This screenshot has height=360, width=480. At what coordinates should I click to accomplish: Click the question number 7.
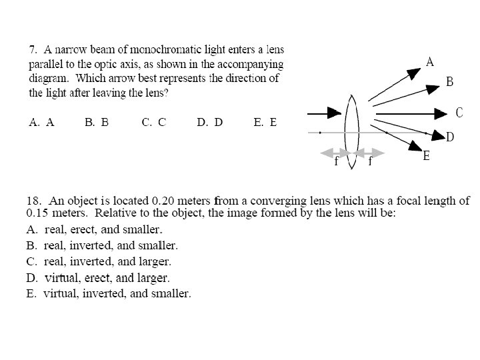(32, 49)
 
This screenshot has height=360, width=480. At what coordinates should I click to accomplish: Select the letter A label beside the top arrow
(430, 62)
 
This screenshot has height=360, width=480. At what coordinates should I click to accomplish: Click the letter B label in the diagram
(450, 82)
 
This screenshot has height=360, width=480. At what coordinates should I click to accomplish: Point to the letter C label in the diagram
(459, 112)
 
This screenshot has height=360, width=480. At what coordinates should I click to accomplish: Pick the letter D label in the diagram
(450, 137)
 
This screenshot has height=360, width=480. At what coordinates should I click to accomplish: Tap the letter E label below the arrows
(427, 157)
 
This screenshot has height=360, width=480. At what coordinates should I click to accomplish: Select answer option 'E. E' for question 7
(265, 123)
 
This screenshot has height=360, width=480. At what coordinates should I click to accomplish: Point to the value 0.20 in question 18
(164, 201)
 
